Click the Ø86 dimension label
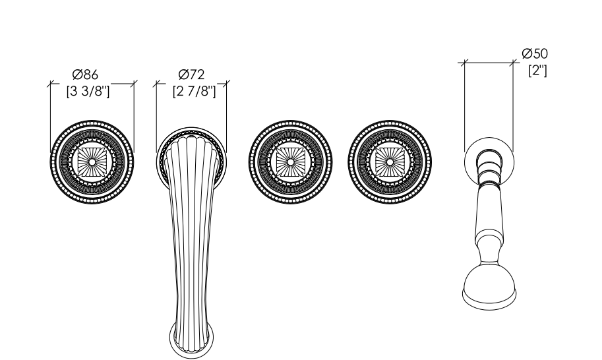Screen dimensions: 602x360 point(85,74)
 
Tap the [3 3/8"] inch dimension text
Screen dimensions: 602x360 point(88,92)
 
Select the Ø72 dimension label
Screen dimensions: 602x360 point(191,74)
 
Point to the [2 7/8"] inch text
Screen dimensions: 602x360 point(195,92)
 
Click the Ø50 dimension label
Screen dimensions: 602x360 point(535,53)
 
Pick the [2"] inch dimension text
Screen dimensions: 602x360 point(537,71)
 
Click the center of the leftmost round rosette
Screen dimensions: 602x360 point(92,162)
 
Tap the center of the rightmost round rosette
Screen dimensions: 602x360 point(390,162)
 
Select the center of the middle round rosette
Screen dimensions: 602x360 point(290,162)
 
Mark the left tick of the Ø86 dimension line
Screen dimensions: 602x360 point(50,84)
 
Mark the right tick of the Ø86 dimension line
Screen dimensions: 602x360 point(134,84)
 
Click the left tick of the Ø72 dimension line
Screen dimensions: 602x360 point(156,84)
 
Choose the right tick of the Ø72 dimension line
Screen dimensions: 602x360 point(226,84)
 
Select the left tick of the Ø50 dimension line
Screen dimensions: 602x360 point(464,63)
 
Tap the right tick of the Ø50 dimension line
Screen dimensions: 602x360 point(513,63)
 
